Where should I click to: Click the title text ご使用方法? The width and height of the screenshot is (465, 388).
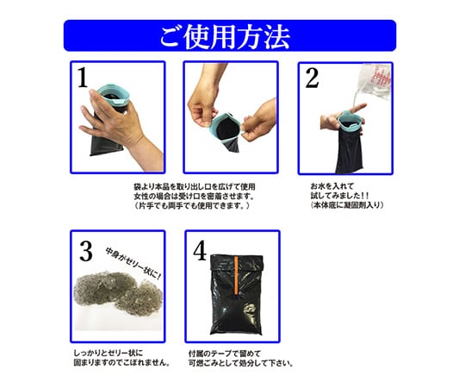[x=225, y=36]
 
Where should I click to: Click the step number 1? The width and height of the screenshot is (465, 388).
[x=83, y=78]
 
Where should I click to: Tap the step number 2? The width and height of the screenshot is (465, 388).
[x=312, y=78]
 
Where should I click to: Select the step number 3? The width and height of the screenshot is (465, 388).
[x=86, y=251]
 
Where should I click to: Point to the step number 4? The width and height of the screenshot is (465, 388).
[x=200, y=250]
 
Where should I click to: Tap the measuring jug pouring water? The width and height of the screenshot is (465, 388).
[x=375, y=81]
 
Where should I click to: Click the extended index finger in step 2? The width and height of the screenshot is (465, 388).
[x=357, y=108]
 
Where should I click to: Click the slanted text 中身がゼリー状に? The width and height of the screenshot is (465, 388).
[x=133, y=263]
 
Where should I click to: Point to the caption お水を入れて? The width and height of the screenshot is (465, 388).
[x=332, y=186]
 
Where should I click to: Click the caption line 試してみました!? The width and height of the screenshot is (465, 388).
[x=340, y=196]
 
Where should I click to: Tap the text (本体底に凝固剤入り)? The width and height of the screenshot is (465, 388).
[x=347, y=205]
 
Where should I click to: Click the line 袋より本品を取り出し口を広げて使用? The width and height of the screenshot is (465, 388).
[x=195, y=187]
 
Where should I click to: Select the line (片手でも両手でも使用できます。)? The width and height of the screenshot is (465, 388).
[x=192, y=205]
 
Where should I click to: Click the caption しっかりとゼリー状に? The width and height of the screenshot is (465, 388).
[x=108, y=354]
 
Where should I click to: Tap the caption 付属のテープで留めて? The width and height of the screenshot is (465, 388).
[x=225, y=354]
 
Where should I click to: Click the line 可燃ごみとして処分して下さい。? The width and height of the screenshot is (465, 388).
[x=241, y=363]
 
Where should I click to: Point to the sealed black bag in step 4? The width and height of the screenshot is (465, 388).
[x=236, y=294]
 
